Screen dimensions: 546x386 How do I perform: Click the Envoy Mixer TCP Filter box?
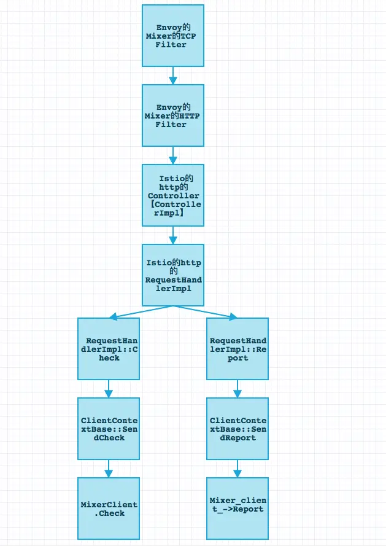(x=172, y=36)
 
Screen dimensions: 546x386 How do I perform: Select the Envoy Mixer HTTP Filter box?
(x=172, y=115)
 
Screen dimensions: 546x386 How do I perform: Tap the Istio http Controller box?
(x=172, y=195)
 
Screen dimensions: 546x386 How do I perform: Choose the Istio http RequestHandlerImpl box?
(x=172, y=275)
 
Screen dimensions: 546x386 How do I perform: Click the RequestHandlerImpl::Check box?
(x=109, y=348)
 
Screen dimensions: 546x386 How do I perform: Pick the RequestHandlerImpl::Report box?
(x=237, y=348)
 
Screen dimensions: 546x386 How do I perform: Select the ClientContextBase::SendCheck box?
(x=109, y=428)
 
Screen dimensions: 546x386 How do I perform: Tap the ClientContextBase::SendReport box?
(x=237, y=428)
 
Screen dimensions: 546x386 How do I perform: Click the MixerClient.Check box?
(x=109, y=508)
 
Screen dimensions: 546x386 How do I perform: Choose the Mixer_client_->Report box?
(x=237, y=508)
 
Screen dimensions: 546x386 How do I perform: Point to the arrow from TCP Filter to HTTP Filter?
(x=172, y=76)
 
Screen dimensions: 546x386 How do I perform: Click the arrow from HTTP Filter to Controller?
(x=172, y=155)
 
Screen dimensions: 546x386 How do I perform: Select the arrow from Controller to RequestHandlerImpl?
(x=172, y=235)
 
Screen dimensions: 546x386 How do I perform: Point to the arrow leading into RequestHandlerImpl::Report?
(x=206, y=312)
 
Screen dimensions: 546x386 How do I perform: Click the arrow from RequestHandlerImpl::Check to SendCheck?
(x=109, y=388)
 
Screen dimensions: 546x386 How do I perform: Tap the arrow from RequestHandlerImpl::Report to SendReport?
(x=237, y=388)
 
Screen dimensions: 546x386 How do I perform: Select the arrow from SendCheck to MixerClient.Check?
(x=109, y=468)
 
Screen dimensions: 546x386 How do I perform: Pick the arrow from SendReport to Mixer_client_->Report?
(x=237, y=468)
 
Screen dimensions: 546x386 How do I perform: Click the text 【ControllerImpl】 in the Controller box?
(x=175, y=208)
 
